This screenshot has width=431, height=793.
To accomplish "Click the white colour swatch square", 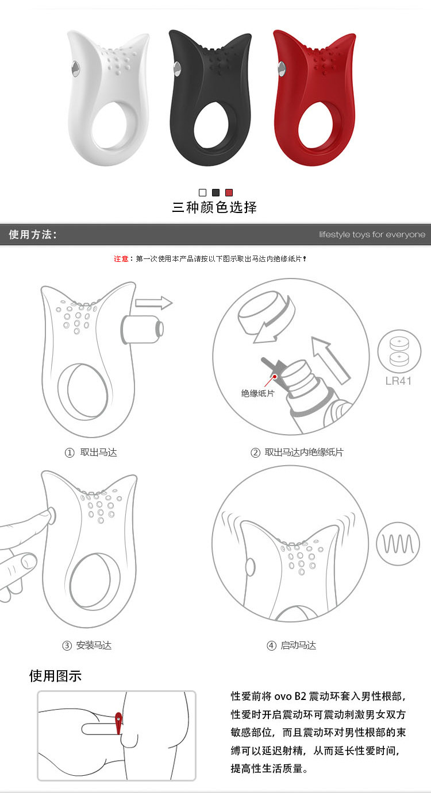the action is tap(203, 192).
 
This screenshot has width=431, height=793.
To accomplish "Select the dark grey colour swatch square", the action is tap(215, 192).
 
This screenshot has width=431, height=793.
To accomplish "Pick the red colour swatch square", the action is tap(229, 192).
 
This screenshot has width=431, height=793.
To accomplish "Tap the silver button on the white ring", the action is tap(76, 68).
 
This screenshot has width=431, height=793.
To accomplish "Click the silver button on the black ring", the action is tap(177, 69).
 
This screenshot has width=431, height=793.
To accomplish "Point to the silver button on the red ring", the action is tap(282, 69).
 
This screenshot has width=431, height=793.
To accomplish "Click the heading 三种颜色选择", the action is tap(214, 207).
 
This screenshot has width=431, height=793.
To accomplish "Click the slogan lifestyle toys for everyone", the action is tap(372, 234).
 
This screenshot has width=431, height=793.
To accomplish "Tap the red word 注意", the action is tap(121, 259).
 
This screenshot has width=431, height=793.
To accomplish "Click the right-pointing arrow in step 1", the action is tap(153, 303).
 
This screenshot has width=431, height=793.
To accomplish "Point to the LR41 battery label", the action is tap(398, 381).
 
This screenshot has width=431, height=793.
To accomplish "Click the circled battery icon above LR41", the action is tap(399, 351).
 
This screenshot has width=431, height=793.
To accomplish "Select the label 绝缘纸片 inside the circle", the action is tap(257, 393).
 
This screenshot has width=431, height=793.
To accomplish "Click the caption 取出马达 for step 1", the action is tap(98, 452).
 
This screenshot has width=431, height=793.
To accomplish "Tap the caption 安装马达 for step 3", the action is tap(94, 645).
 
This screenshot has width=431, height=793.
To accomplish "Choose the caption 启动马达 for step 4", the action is tap(298, 645).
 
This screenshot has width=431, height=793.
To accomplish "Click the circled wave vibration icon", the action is tap(398, 544).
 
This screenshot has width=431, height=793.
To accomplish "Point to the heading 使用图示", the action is tap(55, 676).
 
